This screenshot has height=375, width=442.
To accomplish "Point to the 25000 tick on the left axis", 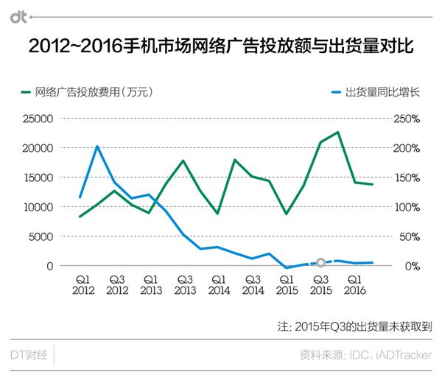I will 38,119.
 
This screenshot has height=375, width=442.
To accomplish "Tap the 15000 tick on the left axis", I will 38,178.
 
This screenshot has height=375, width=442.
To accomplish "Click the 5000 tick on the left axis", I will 41,236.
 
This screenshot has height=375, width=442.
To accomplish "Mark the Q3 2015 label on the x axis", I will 320,285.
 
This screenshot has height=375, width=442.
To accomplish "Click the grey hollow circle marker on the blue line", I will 320,262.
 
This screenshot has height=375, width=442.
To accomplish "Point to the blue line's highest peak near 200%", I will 98,146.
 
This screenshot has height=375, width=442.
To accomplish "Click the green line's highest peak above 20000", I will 337,133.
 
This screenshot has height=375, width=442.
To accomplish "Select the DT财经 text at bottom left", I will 29,355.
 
